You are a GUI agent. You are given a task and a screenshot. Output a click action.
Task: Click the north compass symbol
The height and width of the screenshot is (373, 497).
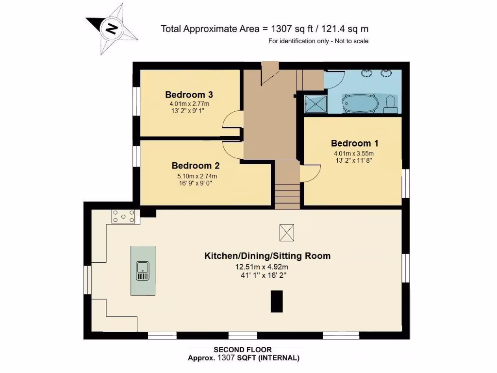(111, 29)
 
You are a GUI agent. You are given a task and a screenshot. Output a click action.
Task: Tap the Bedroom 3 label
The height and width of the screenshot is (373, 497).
(189, 95)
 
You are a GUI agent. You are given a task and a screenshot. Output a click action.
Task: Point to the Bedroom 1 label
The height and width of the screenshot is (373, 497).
(354, 143)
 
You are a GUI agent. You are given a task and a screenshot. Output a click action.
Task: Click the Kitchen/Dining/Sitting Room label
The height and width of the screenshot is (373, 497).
(267, 255)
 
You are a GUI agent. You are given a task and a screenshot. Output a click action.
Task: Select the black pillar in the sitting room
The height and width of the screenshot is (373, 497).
(277, 301)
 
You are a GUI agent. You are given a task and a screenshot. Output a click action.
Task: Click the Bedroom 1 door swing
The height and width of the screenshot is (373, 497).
(310, 173)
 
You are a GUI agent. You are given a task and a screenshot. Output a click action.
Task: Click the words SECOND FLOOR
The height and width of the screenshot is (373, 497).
(243, 350)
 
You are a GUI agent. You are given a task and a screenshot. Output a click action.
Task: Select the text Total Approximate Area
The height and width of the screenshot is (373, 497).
(211, 29)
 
